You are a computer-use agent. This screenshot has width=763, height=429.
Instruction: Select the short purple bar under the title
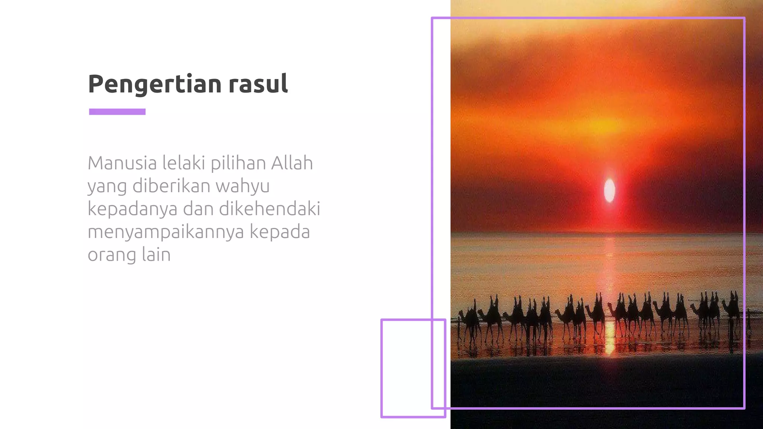[x=117, y=112]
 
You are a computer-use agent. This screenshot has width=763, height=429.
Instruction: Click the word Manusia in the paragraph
[x=122, y=163]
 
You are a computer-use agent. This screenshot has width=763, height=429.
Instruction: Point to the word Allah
[x=292, y=163]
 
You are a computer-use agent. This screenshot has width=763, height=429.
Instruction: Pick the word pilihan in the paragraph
[x=238, y=164]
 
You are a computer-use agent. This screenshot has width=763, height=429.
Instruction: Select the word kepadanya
[x=132, y=209]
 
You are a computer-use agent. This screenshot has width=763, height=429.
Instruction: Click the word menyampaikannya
[x=166, y=232]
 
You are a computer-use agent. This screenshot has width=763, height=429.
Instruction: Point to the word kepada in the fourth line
[x=279, y=232]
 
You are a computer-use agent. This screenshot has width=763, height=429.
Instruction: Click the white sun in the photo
[x=610, y=190]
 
